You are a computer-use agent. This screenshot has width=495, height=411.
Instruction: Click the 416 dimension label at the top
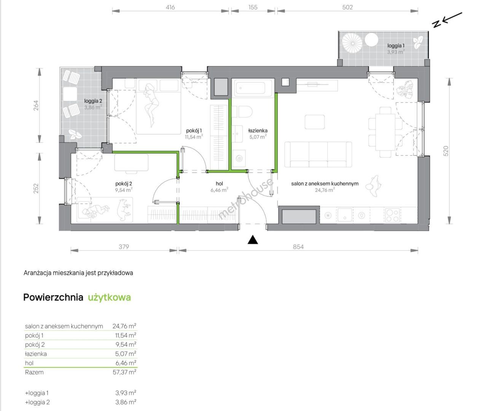pyautogui.click(x=170, y=7)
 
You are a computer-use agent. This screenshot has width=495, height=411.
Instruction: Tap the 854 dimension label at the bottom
pyautogui.click(x=298, y=247)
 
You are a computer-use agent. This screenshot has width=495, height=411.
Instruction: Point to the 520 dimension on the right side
pyautogui.click(x=446, y=151)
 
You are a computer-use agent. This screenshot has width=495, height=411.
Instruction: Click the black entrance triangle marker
pyautogui.click(x=253, y=239)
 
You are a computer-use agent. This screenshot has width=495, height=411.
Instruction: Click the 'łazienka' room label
pyautogui.click(x=258, y=131)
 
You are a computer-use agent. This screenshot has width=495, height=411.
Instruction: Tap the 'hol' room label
pyautogui.click(x=219, y=183)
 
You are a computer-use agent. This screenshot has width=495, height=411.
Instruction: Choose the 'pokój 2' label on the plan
pyautogui.click(x=124, y=183)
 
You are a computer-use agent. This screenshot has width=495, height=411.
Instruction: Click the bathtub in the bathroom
pyautogui.click(x=253, y=88)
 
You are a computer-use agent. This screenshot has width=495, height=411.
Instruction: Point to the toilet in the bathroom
pyautogui.click(x=242, y=112)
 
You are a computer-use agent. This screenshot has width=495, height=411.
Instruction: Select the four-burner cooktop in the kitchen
pyautogui.click(x=392, y=215)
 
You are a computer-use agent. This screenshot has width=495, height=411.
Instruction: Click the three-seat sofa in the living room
pyautogui.click(x=318, y=155)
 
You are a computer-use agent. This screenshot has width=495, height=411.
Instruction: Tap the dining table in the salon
pyautogui.click(x=385, y=132)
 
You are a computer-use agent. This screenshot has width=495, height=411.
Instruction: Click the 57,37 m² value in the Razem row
pyautogui.click(x=124, y=372)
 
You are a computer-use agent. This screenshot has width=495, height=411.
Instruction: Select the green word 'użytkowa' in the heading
pyautogui.click(x=109, y=297)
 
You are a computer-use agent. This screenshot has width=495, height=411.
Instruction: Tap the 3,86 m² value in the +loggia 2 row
pyautogui.click(x=126, y=402)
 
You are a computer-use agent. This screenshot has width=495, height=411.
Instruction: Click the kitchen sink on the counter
pyautogui.click(x=345, y=215)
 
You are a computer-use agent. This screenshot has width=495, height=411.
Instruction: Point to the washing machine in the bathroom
pyautogui.click(x=239, y=158)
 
